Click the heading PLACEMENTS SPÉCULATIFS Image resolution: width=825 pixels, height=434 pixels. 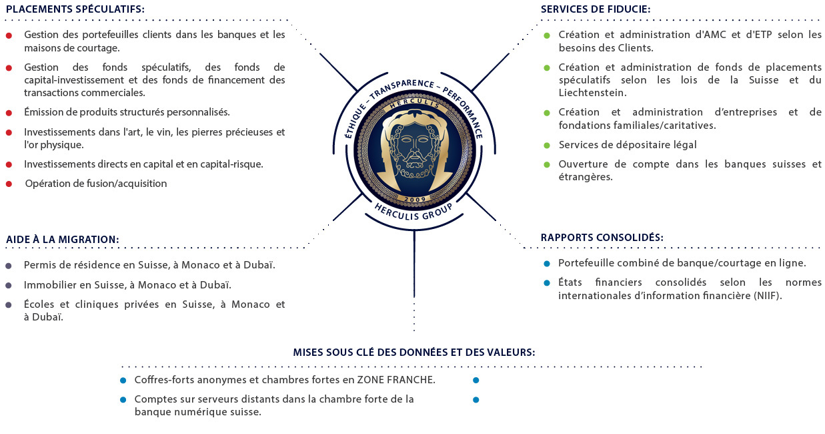coord(75,9)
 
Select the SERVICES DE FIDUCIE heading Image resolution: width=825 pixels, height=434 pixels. coord(596,9)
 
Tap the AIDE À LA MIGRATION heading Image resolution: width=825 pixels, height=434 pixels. coord(63,239)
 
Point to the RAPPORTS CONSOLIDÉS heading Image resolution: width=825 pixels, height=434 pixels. coord(602,237)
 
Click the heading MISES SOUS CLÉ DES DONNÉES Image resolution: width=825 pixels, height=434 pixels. coord(414,353)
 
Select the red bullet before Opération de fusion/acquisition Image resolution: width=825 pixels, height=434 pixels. coord(9,184)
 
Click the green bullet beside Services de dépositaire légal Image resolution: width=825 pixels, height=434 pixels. coord(547,145)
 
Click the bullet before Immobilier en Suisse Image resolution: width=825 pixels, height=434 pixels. coord(9,285)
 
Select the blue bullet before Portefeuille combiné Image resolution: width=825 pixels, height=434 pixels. coord(547,263)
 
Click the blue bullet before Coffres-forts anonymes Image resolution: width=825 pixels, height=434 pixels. coord(123,381)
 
